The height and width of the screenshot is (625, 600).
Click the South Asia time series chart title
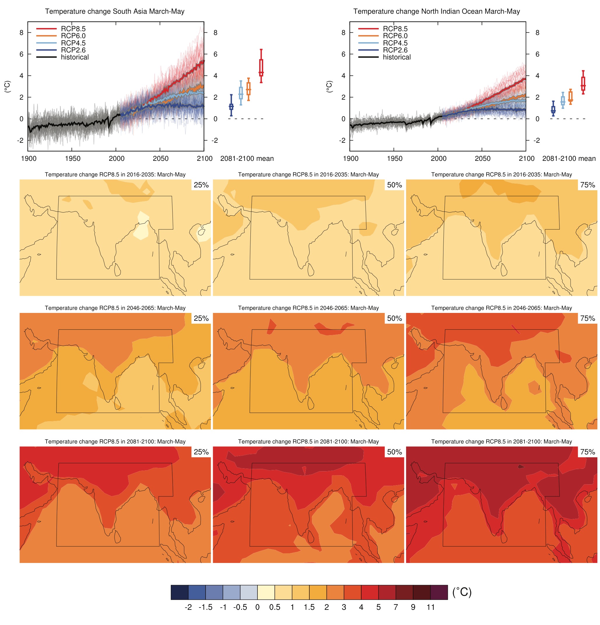pyautogui.click(x=115, y=11)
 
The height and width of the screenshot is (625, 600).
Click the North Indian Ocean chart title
pyautogui.click(x=436, y=11)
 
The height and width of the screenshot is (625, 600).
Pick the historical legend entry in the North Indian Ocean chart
pyautogui.click(x=397, y=57)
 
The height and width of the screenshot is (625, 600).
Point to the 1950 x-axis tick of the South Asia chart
pyautogui.click(x=72, y=159)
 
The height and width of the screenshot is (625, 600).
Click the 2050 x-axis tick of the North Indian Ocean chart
pyautogui.click(x=482, y=159)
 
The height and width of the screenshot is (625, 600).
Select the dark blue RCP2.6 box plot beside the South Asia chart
pyautogui.click(x=231, y=106)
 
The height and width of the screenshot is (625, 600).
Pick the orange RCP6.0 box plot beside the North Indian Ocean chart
pyautogui.click(x=570, y=96)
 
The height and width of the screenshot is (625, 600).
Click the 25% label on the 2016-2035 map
pyautogui.click(x=201, y=185)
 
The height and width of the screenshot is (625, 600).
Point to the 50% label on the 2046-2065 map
pyautogui.click(x=394, y=318)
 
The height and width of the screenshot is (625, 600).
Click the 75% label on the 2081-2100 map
pyautogui.click(x=587, y=452)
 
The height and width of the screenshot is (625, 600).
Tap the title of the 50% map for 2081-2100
pyautogui.click(x=308, y=442)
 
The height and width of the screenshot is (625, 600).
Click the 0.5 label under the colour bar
pyautogui.click(x=274, y=607)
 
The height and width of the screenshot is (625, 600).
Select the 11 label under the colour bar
pyautogui.click(x=430, y=607)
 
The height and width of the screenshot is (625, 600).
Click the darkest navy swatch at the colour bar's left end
pyautogui.click(x=179, y=592)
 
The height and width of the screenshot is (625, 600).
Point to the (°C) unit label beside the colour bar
pyautogui.click(x=462, y=592)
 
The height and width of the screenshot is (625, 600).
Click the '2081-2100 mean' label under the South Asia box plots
pyautogui.click(x=247, y=159)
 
